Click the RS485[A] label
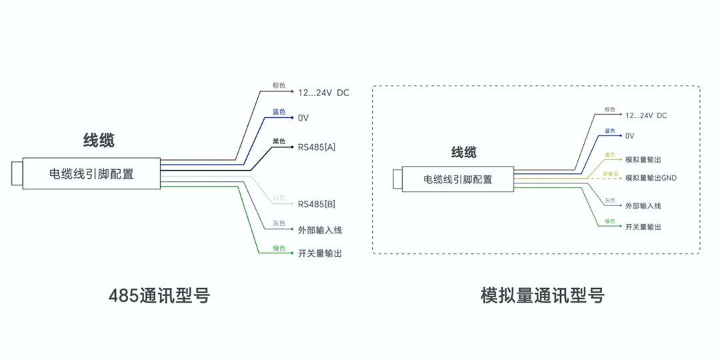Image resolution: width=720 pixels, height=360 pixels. tap(317, 147)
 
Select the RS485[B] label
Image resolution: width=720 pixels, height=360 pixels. tap(317, 204)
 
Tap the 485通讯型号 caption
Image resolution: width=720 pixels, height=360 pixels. tap(159, 295)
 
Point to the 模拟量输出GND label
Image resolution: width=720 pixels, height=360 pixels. tap(651, 178)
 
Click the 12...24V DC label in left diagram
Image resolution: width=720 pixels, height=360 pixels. tap(323, 93)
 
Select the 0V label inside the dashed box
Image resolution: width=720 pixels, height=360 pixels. tap(630, 136)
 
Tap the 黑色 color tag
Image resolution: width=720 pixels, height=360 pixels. tap(279, 141)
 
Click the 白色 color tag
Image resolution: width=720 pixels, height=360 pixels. tap(279, 198)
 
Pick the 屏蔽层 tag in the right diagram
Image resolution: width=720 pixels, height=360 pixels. tap(611, 173)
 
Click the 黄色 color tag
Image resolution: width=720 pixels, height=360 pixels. tap(610, 155)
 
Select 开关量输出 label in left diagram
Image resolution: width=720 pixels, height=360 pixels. tap(320, 253)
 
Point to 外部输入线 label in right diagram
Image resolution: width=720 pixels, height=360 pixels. tap(643, 206)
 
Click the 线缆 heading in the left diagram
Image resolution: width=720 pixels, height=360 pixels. tap(99, 140)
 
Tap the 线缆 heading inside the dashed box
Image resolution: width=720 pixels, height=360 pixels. tap(464, 152)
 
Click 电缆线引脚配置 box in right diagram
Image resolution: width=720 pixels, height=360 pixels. tap(457, 179)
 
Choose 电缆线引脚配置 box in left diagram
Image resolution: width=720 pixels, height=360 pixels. tap(91, 174)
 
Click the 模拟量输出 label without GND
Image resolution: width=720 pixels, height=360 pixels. tap(643, 160)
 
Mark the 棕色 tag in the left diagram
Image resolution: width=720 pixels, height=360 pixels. tap(279, 85)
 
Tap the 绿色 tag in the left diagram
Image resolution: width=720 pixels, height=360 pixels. tap(279, 249)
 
